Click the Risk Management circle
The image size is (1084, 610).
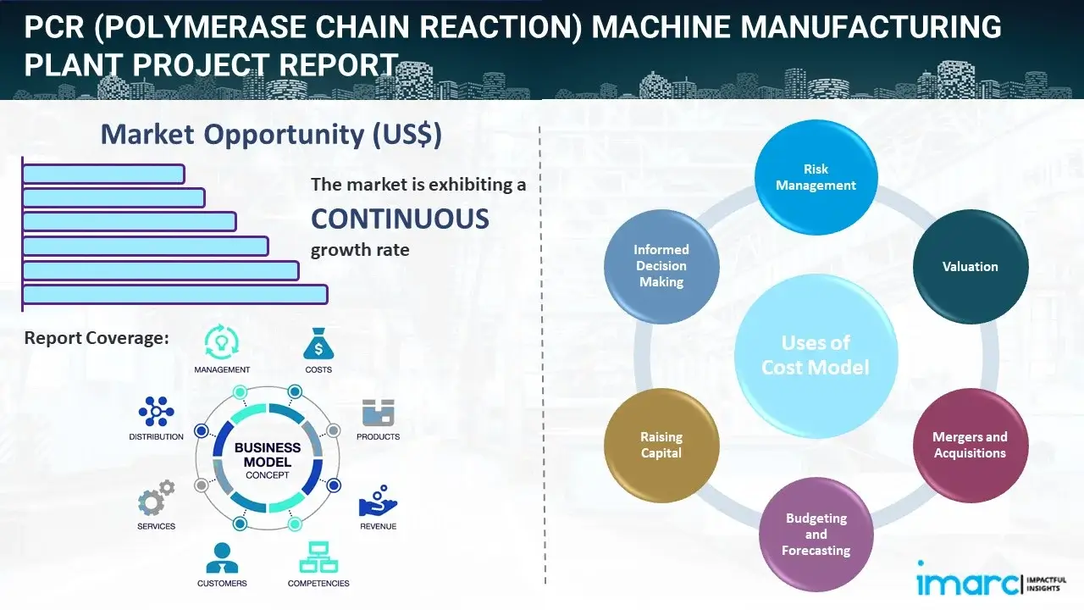coord(816,176)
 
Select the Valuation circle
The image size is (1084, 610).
coord(970,266)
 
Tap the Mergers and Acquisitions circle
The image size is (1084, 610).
coord(970,445)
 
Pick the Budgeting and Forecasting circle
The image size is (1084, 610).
coord(816,534)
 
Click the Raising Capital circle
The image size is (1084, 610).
coord(661,445)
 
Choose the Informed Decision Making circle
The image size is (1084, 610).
coord(661,266)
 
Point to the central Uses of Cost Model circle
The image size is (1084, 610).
coord(816,355)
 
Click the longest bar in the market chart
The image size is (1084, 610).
coord(174,294)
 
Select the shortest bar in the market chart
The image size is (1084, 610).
coord(103,174)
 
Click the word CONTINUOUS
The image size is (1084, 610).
coord(400,219)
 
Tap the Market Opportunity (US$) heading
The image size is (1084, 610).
coord(271,134)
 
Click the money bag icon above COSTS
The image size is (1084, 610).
coord(318,344)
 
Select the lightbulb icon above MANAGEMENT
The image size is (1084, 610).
coord(222,342)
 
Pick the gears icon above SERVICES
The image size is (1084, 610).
coord(156,500)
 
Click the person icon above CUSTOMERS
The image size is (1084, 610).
coord(222,557)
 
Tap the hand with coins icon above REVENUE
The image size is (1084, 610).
coord(378,501)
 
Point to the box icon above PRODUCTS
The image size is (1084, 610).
coord(379,413)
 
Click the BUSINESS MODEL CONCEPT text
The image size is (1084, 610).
coord(268,461)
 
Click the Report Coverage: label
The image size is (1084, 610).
coord(97,338)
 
